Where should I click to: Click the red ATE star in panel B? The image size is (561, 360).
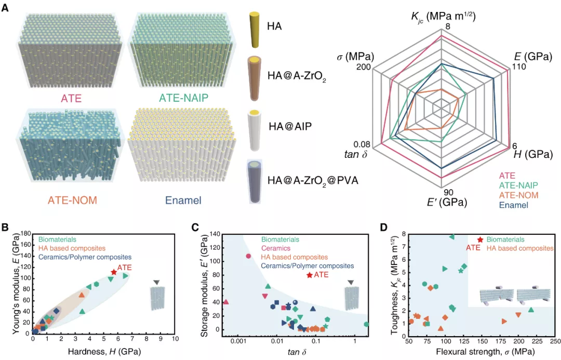pyautogui.click(x=114, y=272)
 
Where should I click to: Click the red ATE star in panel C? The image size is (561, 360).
pyautogui.click(x=310, y=275)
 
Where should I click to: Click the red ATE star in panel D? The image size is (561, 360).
pyautogui.click(x=480, y=239)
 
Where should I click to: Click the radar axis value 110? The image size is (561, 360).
pyautogui.click(x=519, y=66)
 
